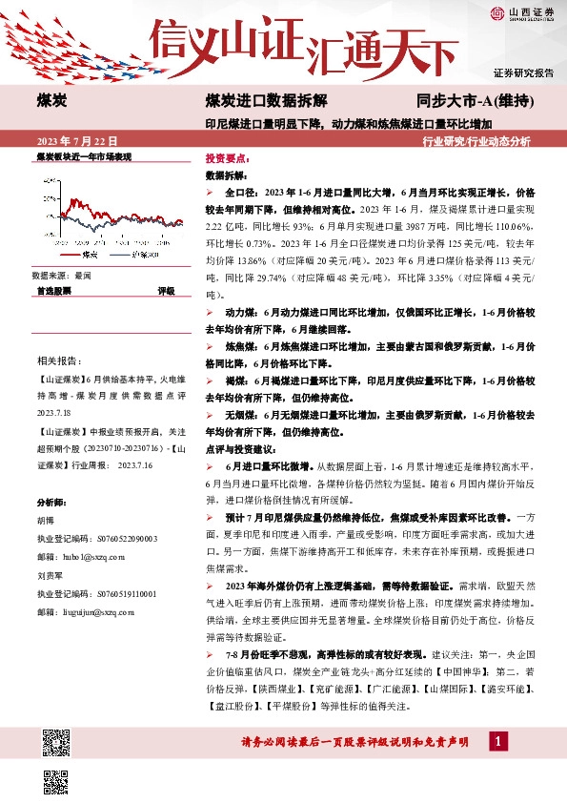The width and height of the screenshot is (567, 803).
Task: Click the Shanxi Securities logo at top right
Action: tap(522, 13)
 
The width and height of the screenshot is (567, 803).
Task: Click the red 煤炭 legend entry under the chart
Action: tap(84, 256)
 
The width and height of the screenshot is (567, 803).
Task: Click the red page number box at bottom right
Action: tap(496, 741)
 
